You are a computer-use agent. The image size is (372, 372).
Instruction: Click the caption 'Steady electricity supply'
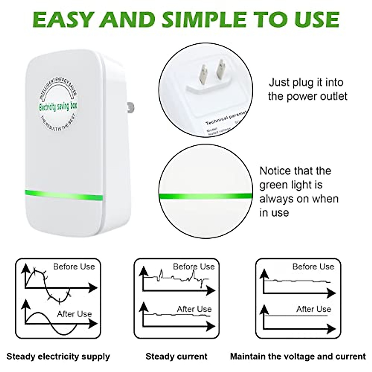58,356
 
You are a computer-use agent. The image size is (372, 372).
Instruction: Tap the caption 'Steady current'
176,356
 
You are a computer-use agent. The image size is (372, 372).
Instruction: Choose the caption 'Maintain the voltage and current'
298,356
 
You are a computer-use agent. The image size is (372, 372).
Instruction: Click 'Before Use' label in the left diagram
74,267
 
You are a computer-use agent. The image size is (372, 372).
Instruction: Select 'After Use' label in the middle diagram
194,309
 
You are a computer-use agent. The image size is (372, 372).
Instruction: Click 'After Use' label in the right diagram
313,309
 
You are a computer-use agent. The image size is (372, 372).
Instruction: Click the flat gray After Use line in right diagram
296,315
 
